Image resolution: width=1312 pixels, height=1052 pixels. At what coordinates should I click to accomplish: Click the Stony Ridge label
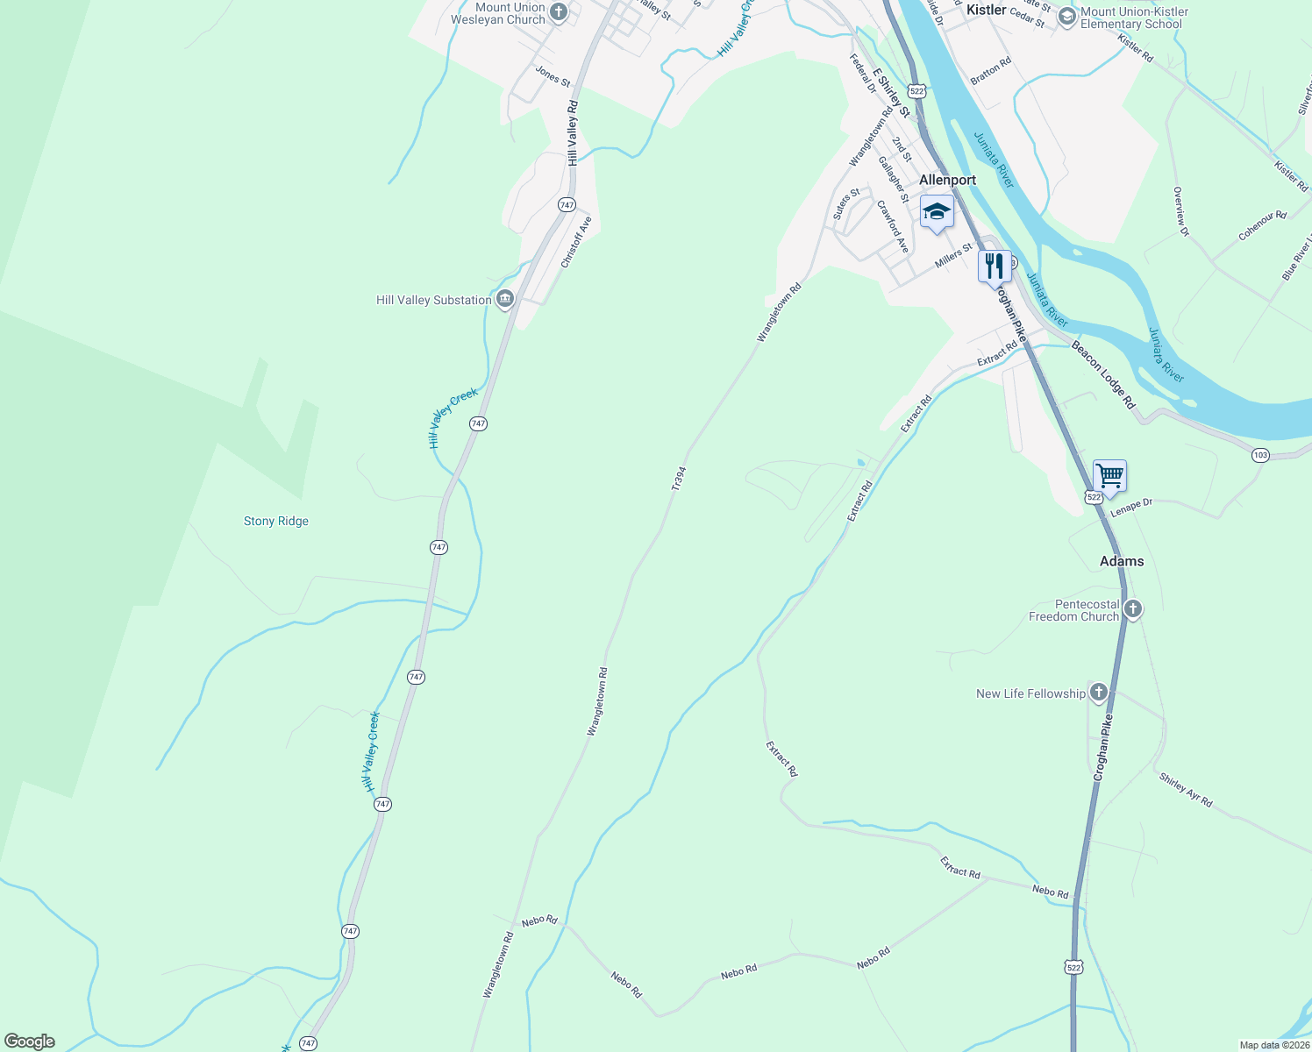point(276,522)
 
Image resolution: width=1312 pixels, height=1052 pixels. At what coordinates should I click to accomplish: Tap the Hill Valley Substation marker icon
point(505,300)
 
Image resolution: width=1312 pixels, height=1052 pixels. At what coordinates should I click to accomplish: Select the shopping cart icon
point(1109,476)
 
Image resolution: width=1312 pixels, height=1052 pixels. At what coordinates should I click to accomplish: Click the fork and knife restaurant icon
point(995,266)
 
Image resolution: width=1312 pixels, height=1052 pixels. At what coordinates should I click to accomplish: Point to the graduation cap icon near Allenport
point(937,212)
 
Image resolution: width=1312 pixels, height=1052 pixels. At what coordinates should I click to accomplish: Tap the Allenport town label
point(947,180)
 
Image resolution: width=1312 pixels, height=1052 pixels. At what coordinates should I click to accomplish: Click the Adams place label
point(1122,561)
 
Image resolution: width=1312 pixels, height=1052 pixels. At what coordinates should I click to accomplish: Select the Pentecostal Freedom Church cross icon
point(1133,609)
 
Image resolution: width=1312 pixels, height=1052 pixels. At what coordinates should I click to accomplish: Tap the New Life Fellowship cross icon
point(1099,693)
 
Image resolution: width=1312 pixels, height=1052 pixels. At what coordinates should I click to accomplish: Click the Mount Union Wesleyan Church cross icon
point(559,12)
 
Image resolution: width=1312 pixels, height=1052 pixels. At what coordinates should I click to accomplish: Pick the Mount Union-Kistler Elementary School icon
point(1067,17)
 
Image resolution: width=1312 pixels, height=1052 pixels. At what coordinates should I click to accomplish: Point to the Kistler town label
point(987,10)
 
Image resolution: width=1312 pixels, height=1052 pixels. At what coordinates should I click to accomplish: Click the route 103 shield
point(1260,455)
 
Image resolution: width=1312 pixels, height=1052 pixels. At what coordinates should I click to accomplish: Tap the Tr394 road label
point(678,478)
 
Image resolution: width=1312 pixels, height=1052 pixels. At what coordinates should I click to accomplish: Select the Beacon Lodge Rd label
point(1103,375)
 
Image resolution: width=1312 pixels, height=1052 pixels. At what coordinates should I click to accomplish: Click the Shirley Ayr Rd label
point(1186,790)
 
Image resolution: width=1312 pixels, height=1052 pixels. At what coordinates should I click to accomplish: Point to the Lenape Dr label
point(1131,507)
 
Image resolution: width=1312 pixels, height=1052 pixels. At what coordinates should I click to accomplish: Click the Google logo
point(29,1041)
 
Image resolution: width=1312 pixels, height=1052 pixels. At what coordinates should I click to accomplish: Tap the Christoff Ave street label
point(577,242)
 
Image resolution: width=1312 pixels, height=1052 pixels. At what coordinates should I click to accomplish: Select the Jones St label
point(553,76)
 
